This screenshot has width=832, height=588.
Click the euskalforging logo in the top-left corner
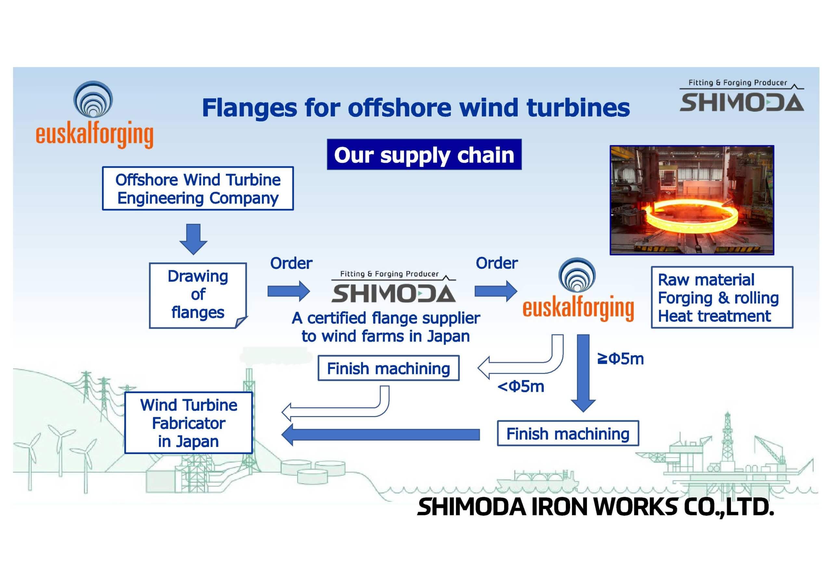pos(94,114)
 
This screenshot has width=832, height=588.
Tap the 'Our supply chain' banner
pos(424,154)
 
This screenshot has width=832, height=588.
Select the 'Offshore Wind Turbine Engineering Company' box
pos(198,188)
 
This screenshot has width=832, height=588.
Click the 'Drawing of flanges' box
pos(198,295)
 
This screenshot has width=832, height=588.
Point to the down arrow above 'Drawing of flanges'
pos(193,239)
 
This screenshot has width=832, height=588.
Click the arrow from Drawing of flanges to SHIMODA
pos(289,291)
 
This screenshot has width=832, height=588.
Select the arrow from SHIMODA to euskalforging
pos(496,291)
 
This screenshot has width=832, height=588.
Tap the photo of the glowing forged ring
pos(692,200)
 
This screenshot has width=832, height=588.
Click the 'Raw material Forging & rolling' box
pos(722,298)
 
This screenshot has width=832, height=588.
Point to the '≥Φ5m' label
pos(620,359)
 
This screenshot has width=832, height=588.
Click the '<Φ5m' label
pos(521,387)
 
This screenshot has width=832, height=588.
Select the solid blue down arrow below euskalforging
pos(583,373)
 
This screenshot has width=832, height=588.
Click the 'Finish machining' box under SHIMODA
pos(388,368)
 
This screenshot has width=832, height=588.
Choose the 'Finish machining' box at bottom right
pos(568,433)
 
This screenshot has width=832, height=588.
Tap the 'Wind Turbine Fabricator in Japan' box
pos(188,423)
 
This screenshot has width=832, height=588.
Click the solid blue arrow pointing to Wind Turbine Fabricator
pos(381,435)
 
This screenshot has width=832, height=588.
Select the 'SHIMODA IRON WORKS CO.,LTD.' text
pos(595,506)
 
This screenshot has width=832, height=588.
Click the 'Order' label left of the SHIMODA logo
pos(291,263)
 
